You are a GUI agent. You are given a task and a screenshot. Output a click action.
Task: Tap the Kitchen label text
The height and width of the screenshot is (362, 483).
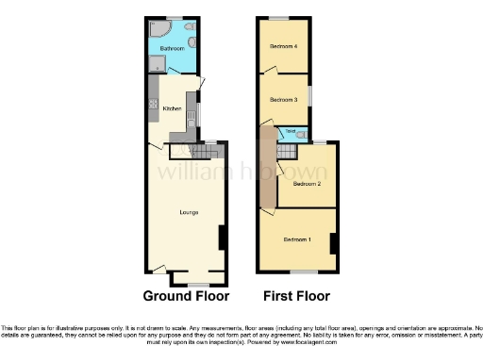(172, 108)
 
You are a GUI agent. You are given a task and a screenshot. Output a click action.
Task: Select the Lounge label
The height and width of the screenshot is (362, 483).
(188, 211)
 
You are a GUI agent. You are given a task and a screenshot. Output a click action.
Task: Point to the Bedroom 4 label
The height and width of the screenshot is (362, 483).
(283, 46)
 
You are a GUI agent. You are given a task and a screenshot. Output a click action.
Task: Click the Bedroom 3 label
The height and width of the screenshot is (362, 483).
(283, 99)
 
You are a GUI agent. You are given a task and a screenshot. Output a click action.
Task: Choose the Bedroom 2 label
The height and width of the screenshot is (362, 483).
(307, 184)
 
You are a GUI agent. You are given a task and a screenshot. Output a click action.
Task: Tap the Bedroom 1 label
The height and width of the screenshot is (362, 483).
(297, 239)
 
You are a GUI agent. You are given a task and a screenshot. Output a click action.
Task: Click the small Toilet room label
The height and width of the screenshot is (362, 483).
(291, 133)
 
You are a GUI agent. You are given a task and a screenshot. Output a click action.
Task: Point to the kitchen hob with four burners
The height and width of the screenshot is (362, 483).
(152, 105)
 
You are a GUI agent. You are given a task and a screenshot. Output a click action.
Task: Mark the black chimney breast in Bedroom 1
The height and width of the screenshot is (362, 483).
(332, 243)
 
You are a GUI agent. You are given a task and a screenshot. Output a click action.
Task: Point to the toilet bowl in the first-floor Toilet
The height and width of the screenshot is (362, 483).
(300, 135)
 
